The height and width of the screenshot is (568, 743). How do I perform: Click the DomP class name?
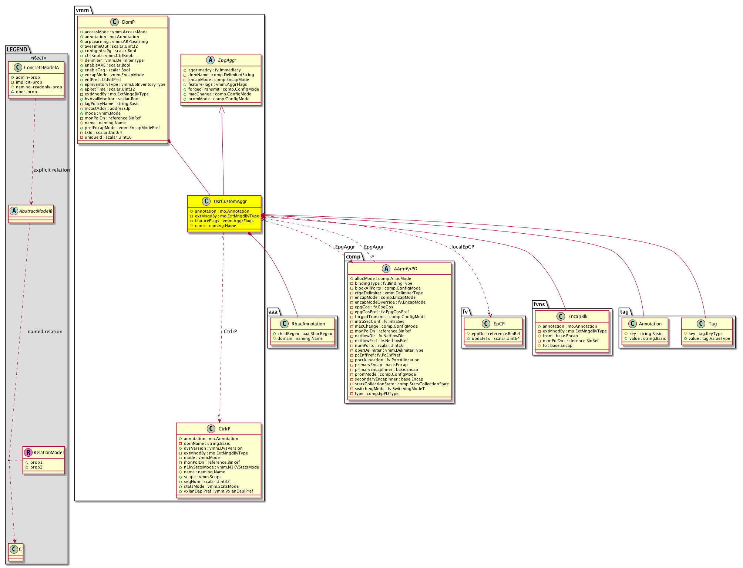point(128,22)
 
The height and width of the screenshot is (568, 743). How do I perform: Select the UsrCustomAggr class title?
point(230,202)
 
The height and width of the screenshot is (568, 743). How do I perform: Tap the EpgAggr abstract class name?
point(227,60)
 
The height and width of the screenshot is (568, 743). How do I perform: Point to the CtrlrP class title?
point(225,429)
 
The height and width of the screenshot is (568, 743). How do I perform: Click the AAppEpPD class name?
point(406,269)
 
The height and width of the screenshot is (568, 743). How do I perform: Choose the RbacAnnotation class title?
point(308,324)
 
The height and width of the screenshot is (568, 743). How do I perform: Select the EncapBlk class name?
point(578,317)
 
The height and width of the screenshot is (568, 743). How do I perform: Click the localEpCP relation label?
point(463,247)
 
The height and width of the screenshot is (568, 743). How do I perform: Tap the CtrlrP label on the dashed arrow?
point(230,332)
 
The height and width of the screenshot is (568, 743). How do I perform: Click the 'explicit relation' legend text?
point(51,170)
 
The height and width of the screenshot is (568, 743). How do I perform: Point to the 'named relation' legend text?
point(45,332)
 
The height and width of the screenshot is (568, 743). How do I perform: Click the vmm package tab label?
point(83,10)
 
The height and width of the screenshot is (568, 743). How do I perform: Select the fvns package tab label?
point(539,304)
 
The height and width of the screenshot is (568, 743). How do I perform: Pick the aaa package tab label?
point(273,312)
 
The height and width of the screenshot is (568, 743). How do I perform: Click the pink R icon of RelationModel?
point(28,452)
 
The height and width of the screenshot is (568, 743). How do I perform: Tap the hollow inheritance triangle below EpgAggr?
point(222,109)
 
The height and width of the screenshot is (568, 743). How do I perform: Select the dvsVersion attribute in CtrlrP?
point(213,449)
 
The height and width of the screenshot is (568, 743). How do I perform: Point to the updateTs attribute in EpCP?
point(495,339)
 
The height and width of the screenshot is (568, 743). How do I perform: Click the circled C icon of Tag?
point(701,324)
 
